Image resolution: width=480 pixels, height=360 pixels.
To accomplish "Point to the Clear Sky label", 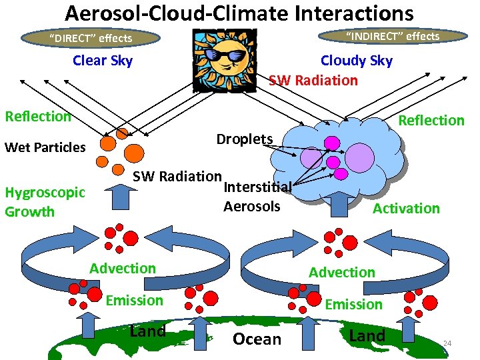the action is coord(103,61).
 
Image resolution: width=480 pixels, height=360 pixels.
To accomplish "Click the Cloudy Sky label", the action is coord(356,61).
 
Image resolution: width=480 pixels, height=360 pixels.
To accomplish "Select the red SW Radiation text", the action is coord(313,80).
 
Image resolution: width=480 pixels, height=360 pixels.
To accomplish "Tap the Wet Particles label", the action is coord(45,147).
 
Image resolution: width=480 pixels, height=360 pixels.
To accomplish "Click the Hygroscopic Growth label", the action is coord(45,202).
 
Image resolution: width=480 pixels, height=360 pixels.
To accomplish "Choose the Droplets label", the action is coord(245,139).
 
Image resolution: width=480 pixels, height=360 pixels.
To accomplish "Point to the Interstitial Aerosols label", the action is coord(257,197).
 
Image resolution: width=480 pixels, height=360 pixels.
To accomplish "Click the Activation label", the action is coord(406,209).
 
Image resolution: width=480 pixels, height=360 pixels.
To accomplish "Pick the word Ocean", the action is coord(257,339).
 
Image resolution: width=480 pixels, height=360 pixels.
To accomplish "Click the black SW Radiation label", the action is coord(177,177).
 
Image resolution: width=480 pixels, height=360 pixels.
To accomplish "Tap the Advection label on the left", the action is coord(123,268).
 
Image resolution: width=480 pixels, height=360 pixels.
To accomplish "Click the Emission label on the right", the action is coord(353,304).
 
